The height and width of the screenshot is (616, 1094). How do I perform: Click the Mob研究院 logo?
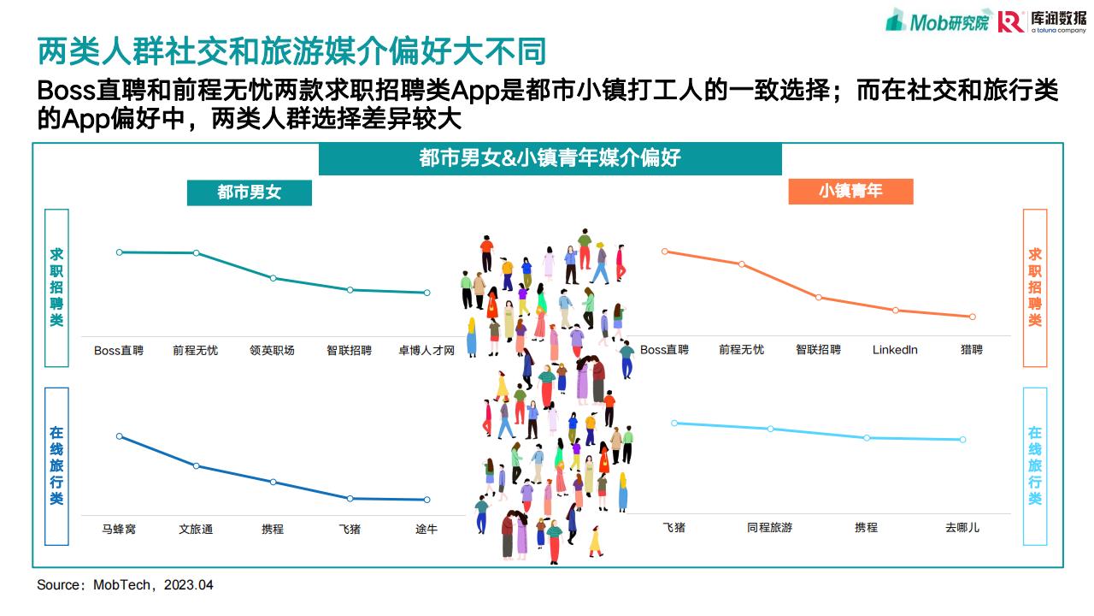point(938,21)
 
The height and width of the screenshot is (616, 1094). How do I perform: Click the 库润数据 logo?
point(1042,21)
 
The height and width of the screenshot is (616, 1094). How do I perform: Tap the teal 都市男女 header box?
point(249,192)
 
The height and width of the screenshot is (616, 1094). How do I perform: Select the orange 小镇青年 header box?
point(850,191)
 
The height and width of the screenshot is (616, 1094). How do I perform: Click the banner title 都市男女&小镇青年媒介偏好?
point(550,158)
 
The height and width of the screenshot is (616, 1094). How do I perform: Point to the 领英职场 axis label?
point(272,350)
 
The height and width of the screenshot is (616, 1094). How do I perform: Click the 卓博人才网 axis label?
point(426,350)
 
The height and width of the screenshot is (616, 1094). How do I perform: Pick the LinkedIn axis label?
point(895,350)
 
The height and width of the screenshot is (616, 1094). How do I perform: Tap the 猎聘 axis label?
point(972,350)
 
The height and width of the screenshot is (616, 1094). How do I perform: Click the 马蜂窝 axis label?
point(119,529)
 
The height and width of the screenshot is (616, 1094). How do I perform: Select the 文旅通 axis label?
point(196,529)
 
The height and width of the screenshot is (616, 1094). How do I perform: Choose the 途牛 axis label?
point(426,529)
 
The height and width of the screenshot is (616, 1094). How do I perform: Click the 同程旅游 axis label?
point(770,528)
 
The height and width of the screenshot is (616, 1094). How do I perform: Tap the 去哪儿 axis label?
point(962,528)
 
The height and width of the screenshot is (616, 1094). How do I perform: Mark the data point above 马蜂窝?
point(120,436)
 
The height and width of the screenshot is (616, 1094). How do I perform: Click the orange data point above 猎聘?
point(973,317)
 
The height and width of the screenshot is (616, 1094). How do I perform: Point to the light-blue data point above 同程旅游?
point(770,429)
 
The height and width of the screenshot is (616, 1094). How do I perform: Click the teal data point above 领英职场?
point(273,278)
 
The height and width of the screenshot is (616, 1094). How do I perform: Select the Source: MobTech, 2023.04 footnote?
point(125,584)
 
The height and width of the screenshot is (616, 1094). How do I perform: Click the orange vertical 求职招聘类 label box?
point(1035,287)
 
